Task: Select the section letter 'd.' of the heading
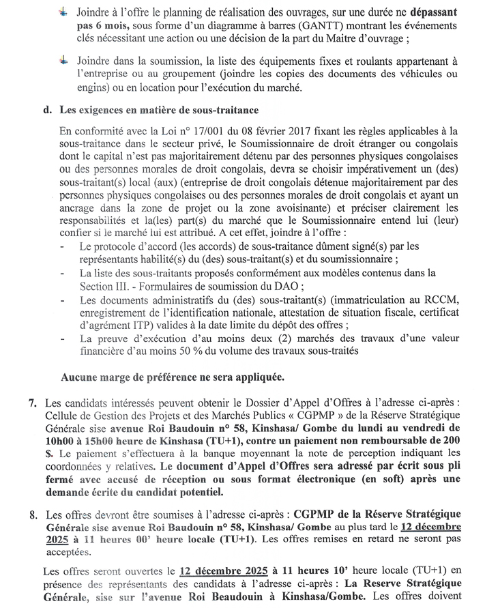point(46,110)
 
